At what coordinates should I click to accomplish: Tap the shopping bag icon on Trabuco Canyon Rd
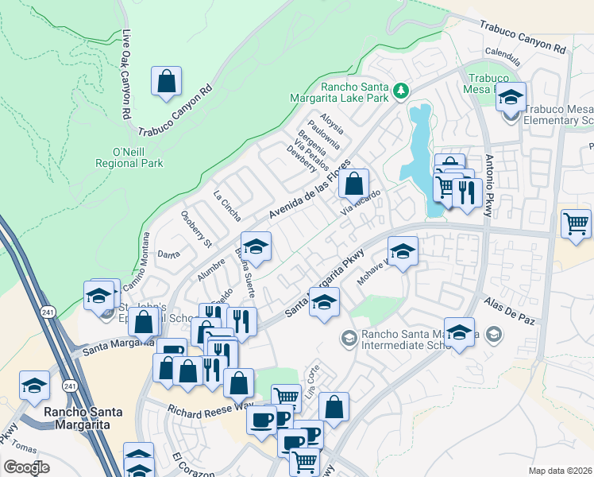[x=167, y=81]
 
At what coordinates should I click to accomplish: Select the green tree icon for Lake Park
[x=402, y=89]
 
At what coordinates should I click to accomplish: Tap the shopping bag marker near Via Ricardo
[x=353, y=184]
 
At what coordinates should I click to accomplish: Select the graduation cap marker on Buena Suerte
[x=256, y=246]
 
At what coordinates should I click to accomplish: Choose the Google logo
[x=26, y=467]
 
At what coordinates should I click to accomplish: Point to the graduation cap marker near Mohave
[x=403, y=252]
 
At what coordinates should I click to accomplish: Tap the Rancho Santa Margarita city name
[x=76, y=417]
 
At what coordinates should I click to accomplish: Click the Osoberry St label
[x=197, y=228]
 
